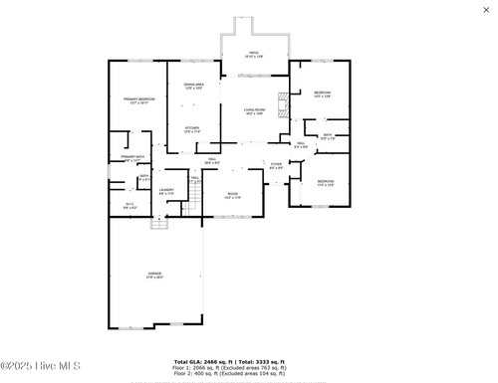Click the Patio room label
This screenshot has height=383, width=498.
pos(254,54)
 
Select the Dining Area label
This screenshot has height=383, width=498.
pos(193,87)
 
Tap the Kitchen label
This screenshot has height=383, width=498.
pos(191,129)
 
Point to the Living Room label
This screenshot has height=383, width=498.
pos(255,111)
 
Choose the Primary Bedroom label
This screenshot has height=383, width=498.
pos(138,100)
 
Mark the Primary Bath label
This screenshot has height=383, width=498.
pos(132,157)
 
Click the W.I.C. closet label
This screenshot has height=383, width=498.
pos(129,206)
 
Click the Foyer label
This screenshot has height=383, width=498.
pos(276,166)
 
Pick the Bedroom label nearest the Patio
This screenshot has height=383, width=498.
pos(322,95)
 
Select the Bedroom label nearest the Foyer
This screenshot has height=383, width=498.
pos(325,183)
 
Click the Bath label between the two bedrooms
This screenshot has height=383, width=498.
pos(328,136)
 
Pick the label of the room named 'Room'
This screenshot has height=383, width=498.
pos(232,195)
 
